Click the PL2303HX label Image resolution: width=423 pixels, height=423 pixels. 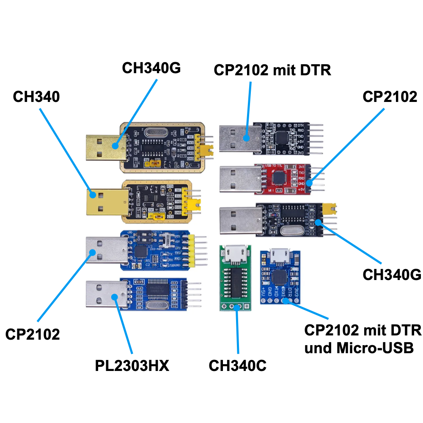click(132, 365)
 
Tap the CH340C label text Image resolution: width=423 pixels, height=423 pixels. click(238, 366)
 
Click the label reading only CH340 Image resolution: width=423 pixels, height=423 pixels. click(36, 97)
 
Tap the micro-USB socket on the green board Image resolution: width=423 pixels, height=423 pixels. click(235, 255)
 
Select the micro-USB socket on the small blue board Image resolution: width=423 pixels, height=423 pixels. click(279, 255)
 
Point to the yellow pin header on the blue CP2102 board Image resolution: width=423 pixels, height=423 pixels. click(191, 252)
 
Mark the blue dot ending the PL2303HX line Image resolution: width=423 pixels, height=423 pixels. click(114, 297)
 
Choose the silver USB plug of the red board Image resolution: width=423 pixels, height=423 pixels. click(238, 179)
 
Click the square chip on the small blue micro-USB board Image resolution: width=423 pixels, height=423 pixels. click(280, 277)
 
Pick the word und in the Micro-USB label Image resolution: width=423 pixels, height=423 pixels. click(319, 349)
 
